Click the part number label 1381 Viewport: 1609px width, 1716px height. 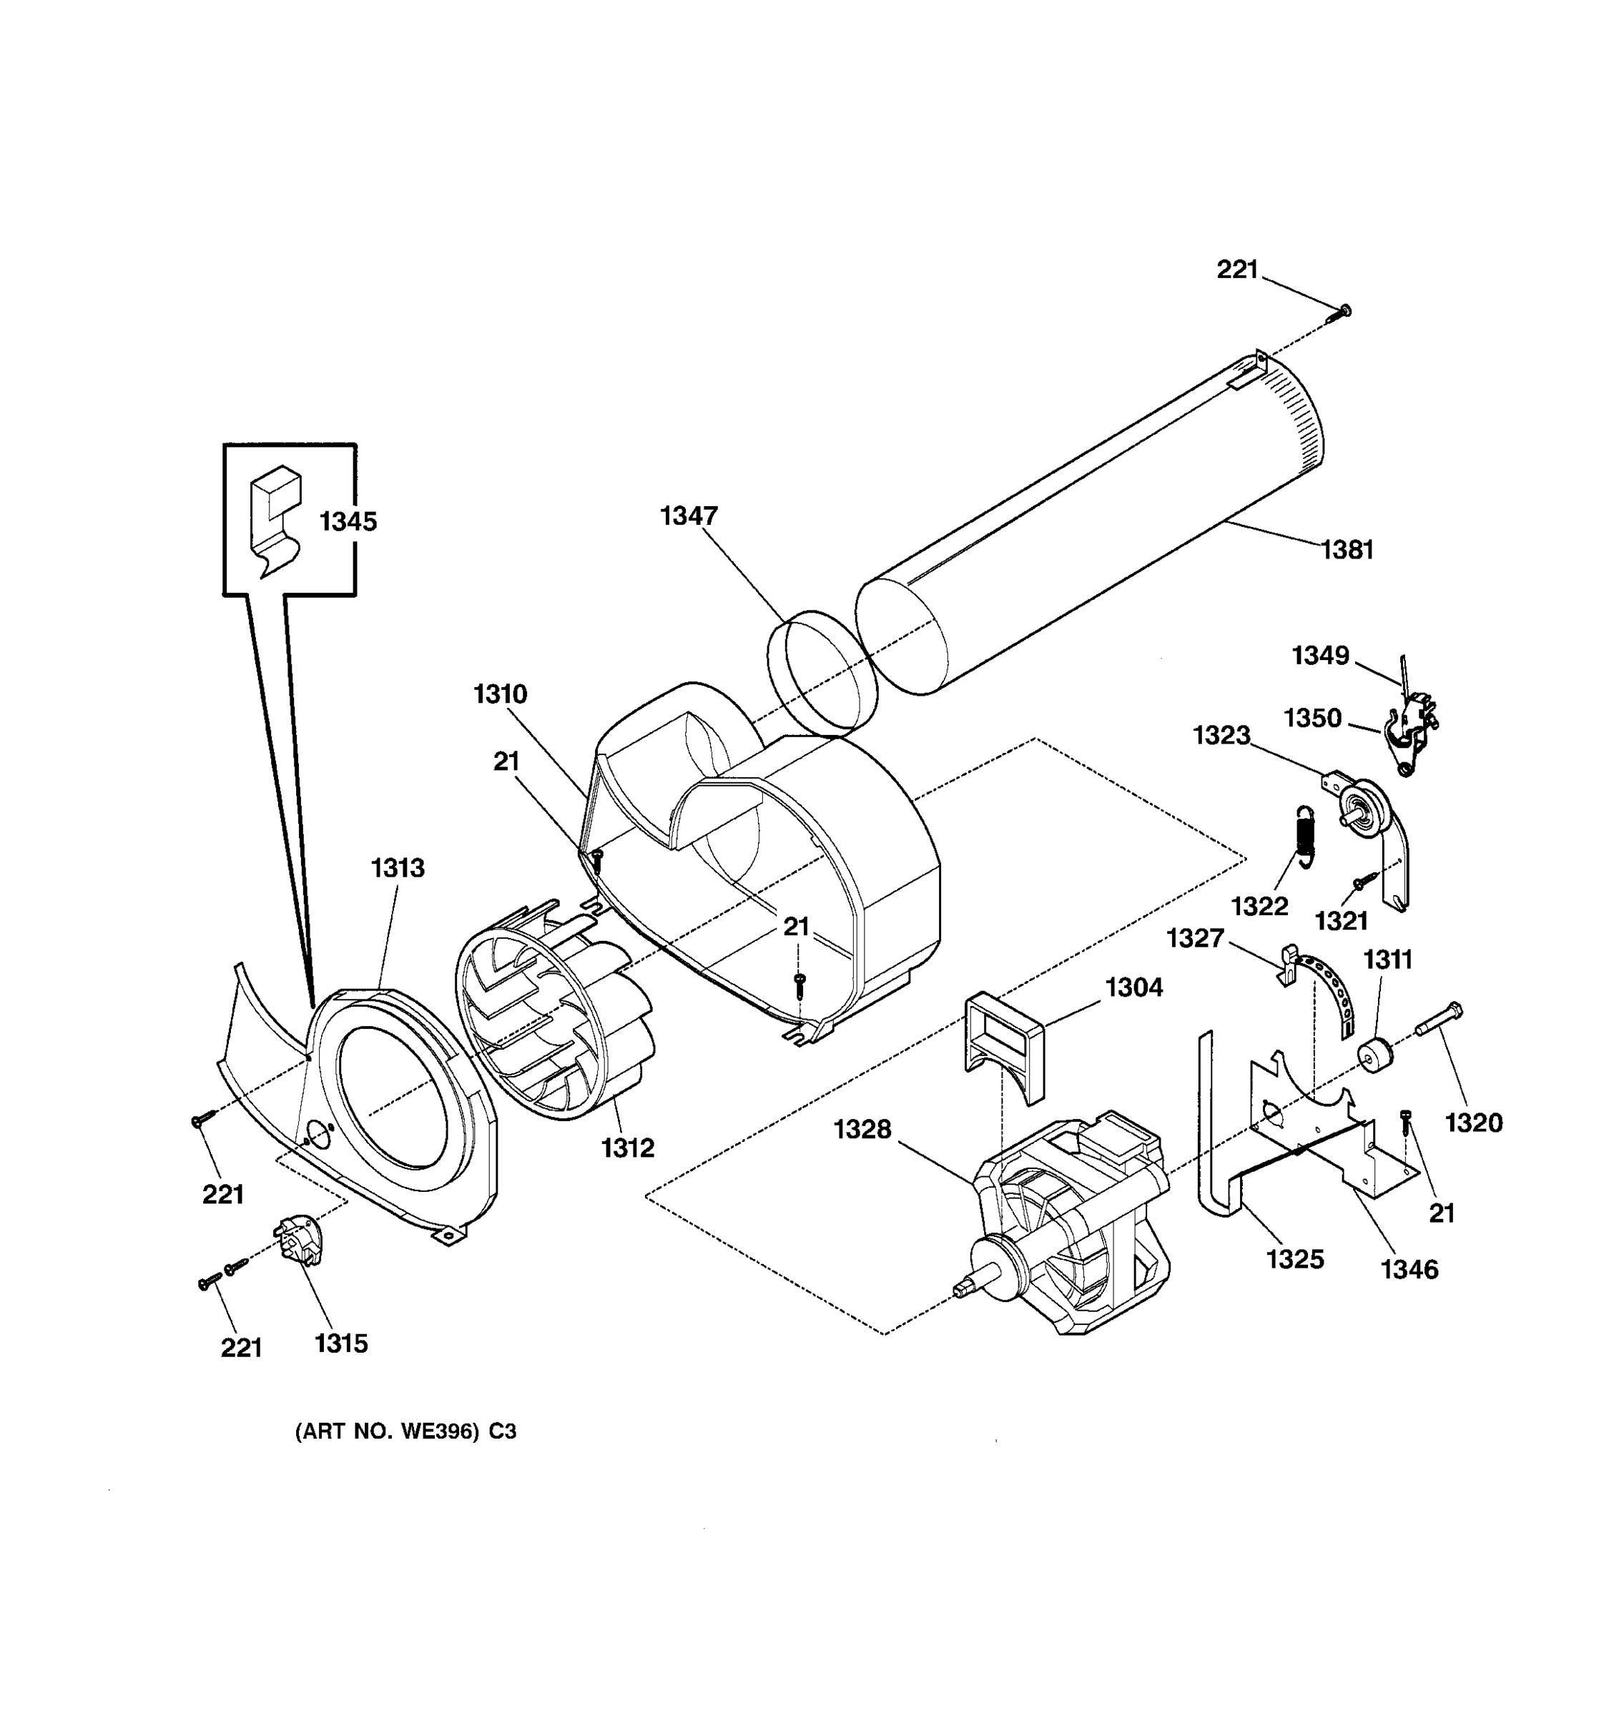pyautogui.click(x=1347, y=550)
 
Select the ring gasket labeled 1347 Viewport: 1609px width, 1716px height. pyautogui.click(x=820, y=675)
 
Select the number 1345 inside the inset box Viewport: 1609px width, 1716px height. pyautogui.click(x=348, y=521)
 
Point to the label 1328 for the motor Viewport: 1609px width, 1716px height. pyautogui.click(x=862, y=1129)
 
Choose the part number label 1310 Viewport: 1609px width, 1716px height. pyautogui.click(x=500, y=694)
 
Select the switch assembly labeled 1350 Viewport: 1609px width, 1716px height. pyautogui.click(x=1407, y=734)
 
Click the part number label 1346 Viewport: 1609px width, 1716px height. pyautogui.click(x=1409, y=1269)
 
